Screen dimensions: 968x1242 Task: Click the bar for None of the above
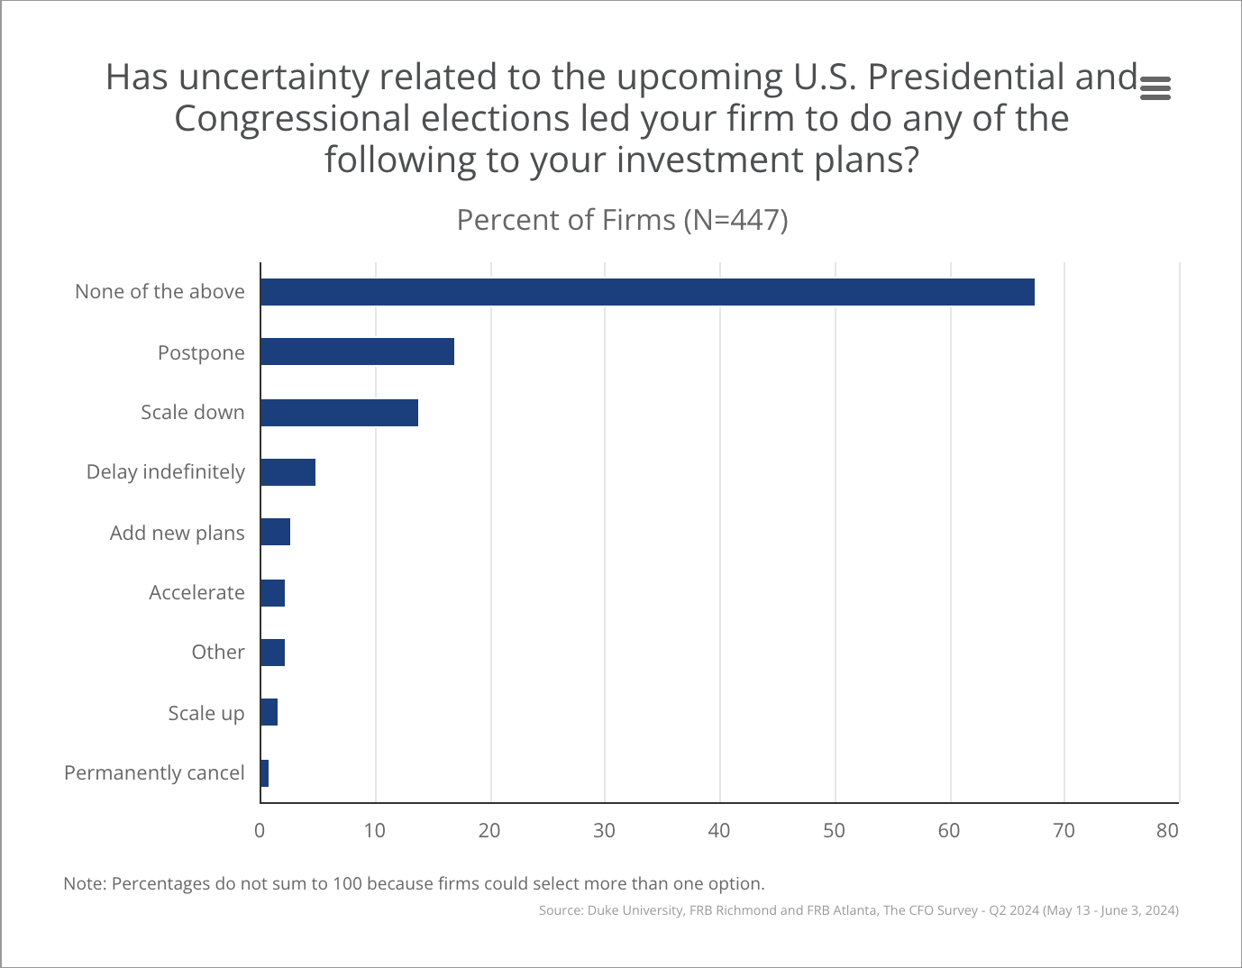647,292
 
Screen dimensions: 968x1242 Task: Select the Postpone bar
357,352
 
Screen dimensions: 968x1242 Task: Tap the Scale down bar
339,413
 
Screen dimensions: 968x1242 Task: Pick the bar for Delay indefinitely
288,472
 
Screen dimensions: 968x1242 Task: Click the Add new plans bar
275,532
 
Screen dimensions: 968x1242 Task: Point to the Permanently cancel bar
264,773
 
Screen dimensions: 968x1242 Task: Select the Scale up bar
269,712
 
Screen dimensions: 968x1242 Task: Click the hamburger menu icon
1155,88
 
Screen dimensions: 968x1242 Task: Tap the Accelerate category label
196,592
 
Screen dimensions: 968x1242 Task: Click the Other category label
217,652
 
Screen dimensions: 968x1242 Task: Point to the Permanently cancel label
154,772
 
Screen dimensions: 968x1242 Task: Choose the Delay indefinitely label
165,471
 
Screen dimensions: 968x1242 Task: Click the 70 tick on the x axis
1064,830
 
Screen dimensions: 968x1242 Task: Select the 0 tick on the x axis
260,830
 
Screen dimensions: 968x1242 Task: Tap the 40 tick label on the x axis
719,830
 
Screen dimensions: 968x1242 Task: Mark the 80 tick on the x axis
1167,830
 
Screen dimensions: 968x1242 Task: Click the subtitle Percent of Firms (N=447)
622,220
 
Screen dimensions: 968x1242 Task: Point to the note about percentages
414,883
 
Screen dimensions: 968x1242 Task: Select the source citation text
858,910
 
